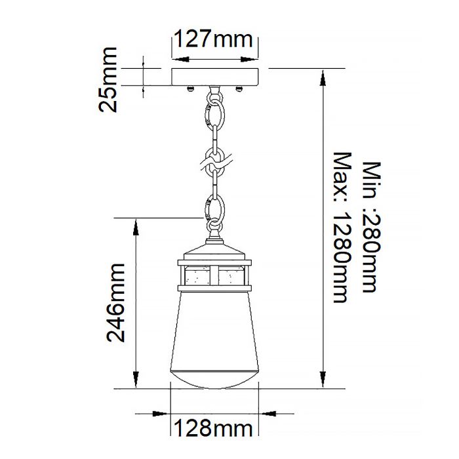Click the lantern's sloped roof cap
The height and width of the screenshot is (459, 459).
214,252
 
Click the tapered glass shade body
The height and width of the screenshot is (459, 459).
214,328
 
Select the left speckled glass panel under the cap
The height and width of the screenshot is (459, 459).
198,276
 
